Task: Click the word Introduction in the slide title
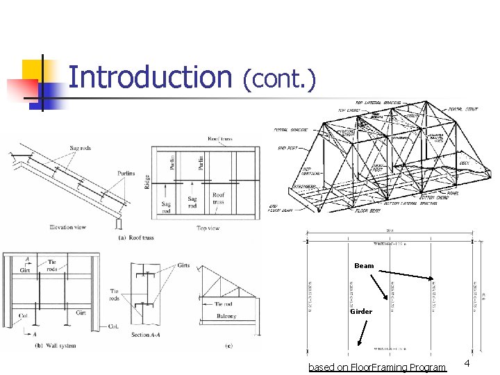point(150,77)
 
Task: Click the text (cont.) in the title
point(279,80)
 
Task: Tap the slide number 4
point(467,364)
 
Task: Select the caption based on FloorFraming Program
point(377,367)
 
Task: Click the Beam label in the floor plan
point(364,266)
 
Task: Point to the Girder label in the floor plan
point(361,312)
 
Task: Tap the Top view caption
point(208,227)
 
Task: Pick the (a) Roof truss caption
point(136,237)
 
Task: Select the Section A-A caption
point(149,335)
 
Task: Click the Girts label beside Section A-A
point(183,265)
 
